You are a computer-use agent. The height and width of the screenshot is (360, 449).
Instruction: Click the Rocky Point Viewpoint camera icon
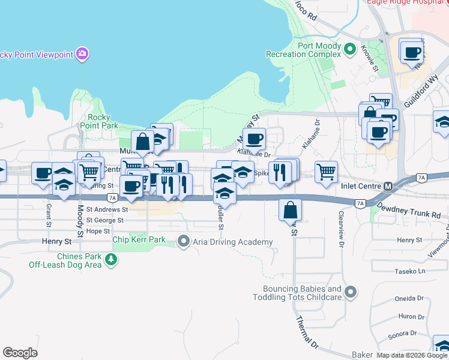click(82, 55)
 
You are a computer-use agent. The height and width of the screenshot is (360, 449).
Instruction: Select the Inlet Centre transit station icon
click(388, 186)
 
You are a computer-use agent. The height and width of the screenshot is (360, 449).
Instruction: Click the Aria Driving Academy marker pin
click(184, 242)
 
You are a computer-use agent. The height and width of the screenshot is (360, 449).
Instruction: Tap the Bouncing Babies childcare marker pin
click(351, 293)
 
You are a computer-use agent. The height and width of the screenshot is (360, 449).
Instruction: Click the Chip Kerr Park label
click(139, 240)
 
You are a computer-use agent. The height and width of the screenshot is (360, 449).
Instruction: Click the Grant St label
click(47, 211)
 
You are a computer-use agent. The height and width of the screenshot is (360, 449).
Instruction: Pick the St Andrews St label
click(107, 210)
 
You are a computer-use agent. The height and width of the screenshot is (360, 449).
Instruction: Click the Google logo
click(20, 353)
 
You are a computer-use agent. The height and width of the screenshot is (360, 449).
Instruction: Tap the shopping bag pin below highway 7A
click(290, 210)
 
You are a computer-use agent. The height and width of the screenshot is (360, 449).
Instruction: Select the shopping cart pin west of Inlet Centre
click(326, 171)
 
